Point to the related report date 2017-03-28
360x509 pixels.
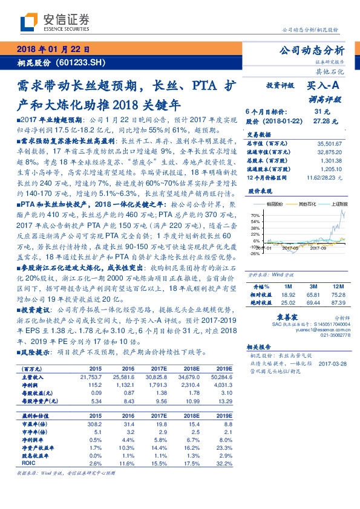(331, 363)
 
